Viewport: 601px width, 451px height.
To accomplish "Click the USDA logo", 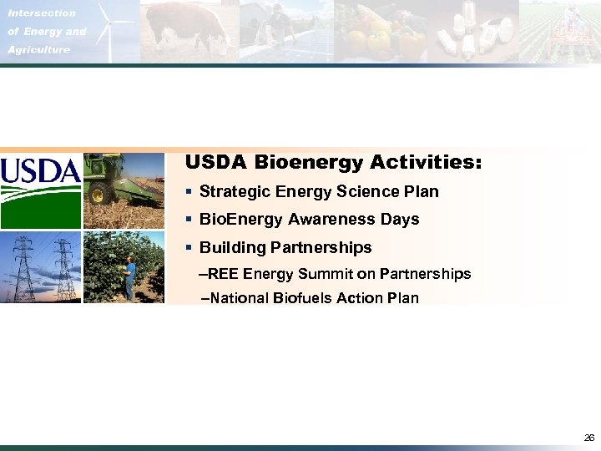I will [40, 190].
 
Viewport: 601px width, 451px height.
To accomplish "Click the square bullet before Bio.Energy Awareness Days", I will [190, 220].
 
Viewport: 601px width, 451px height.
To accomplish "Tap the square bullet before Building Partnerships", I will [190, 248].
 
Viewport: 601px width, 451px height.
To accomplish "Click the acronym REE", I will [223, 274].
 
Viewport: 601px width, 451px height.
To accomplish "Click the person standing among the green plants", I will [129, 276].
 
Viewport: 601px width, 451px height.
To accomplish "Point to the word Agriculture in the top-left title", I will [39, 49].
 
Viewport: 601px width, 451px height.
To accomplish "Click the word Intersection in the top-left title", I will [42, 13].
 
